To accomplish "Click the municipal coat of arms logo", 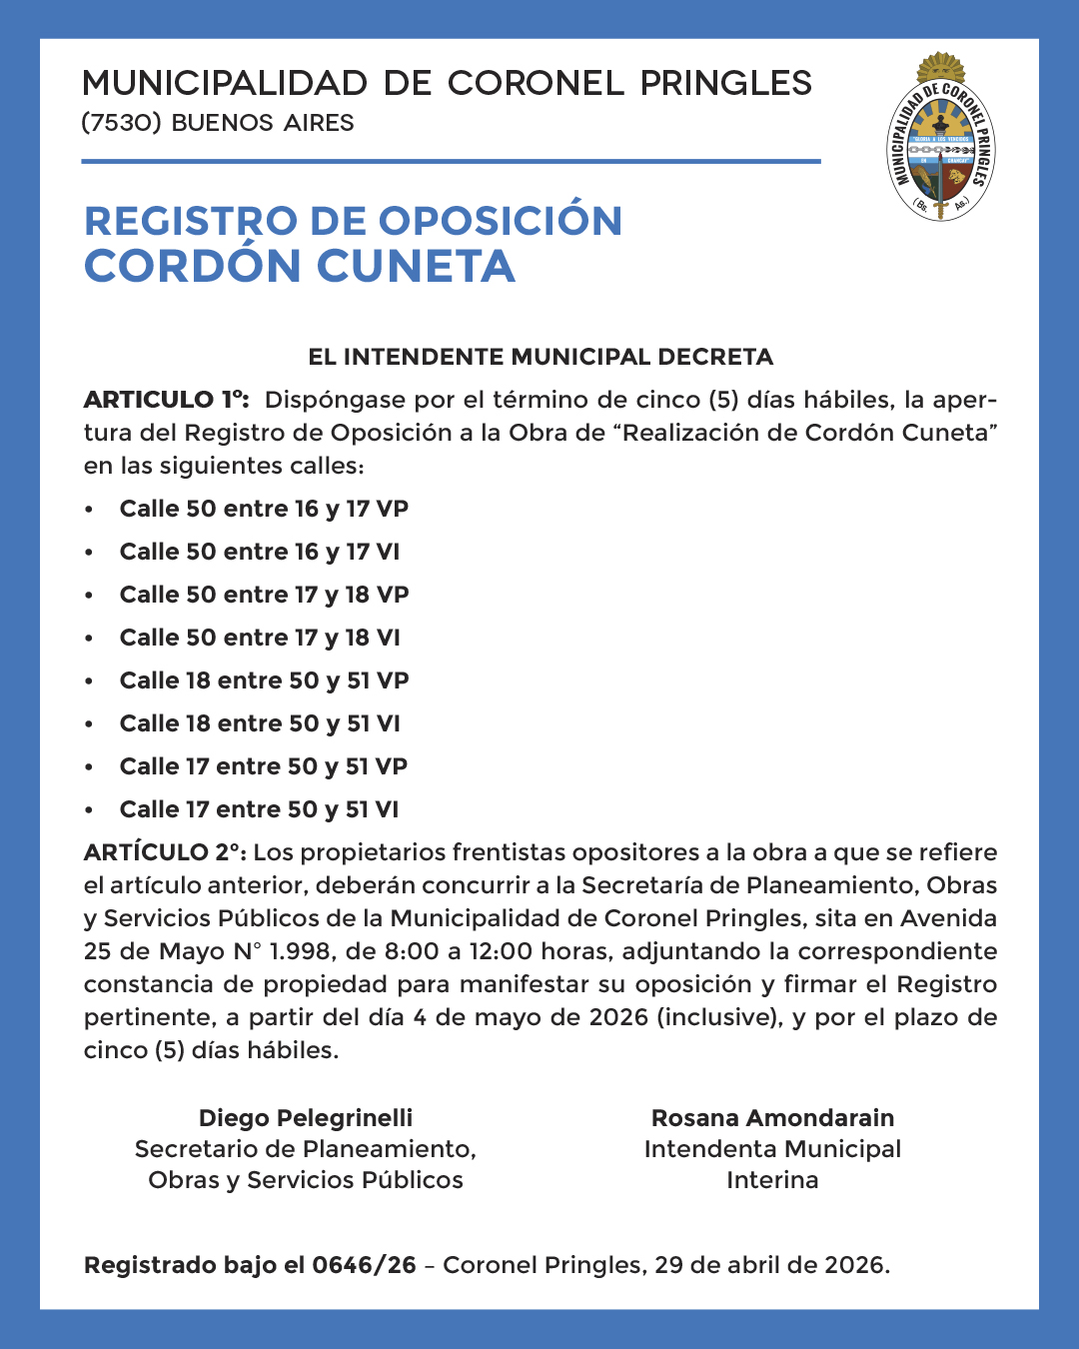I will [x=941, y=138].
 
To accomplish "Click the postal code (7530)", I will [x=121, y=123].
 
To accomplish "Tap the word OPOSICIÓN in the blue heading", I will [x=501, y=222].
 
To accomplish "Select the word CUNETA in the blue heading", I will [x=416, y=267].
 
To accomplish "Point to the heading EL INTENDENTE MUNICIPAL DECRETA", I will [x=540, y=357].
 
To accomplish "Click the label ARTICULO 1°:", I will [x=166, y=400].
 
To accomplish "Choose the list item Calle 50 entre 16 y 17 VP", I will [x=264, y=509].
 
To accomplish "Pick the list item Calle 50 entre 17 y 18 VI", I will [x=260, y=638].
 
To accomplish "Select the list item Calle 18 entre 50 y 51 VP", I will [x=264, y=680].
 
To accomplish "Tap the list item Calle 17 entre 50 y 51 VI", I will [x=259, y=809].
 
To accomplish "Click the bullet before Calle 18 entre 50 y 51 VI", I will [x=89, y=724].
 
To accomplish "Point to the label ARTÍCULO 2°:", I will [x=165, y=852].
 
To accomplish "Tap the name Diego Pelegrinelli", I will [x=306, y=1118].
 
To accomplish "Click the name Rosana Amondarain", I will [x=772, y=1118].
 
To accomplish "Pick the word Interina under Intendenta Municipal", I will [x=772, y=1180].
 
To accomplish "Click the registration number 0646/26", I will [x=364, y=1265].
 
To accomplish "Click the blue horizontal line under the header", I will [x=451, y=161].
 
